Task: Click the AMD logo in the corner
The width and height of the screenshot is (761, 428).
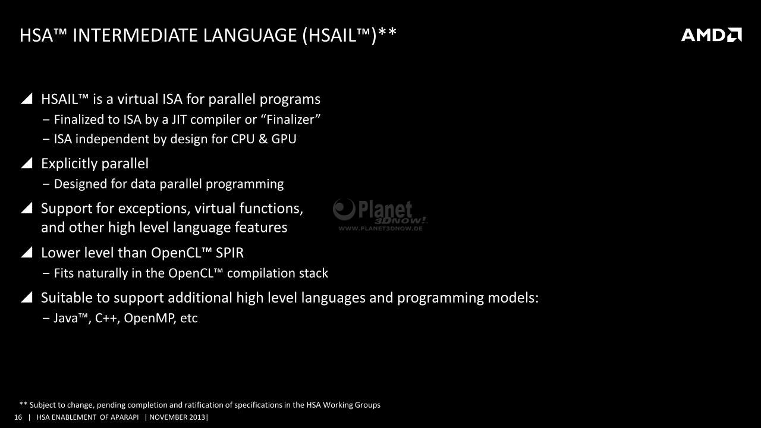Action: pos(712,35)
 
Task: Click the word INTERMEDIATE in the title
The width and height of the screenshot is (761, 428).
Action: pos(135,35)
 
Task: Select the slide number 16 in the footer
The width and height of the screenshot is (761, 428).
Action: pos(18,417)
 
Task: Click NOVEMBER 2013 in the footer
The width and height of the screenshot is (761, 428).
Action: pos(177,417)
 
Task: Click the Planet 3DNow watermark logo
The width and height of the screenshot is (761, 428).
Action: pos(380,215)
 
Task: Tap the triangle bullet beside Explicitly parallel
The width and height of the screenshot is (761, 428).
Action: pos(27,163)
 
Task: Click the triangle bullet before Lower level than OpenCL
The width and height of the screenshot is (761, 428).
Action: pos(27,252)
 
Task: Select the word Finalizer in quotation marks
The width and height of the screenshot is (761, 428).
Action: pos(291,119)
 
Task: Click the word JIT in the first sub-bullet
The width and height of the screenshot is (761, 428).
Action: pos(179,119)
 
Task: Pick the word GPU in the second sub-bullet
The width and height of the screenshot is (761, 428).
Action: pos(284,139)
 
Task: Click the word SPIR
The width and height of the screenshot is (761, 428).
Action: pos(229,253)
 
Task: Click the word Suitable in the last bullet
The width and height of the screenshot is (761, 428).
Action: pos(67,298)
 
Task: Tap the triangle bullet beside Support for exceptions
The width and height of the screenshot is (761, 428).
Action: pos(27,207)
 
